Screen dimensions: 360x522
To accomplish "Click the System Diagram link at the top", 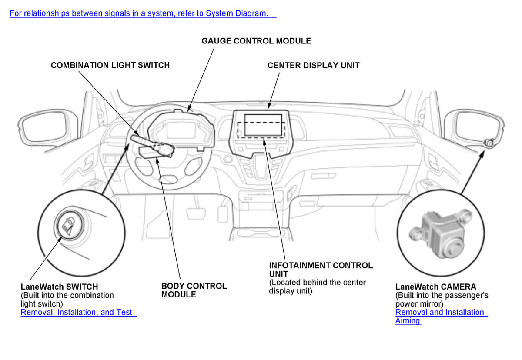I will click(143, 13).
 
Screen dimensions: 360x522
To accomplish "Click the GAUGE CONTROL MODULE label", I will click(256, 41).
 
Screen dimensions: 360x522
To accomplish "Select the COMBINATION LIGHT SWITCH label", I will click(110, 65).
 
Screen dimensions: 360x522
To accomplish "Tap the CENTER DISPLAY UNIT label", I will click(313, 66).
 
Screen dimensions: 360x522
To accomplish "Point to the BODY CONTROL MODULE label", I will click(194, 290).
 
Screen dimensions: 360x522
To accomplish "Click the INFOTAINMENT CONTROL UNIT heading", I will click(321, 270).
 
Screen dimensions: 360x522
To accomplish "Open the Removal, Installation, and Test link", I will click(78, 312).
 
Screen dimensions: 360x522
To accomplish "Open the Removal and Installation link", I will click(441, 312).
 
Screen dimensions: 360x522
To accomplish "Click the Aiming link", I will click(408, 321).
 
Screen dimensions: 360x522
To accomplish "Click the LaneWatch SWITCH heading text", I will click(59, 287).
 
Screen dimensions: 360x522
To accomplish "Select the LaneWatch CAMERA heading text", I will click(435, 287).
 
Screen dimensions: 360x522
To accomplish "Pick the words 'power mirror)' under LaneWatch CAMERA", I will click(419, 304).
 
